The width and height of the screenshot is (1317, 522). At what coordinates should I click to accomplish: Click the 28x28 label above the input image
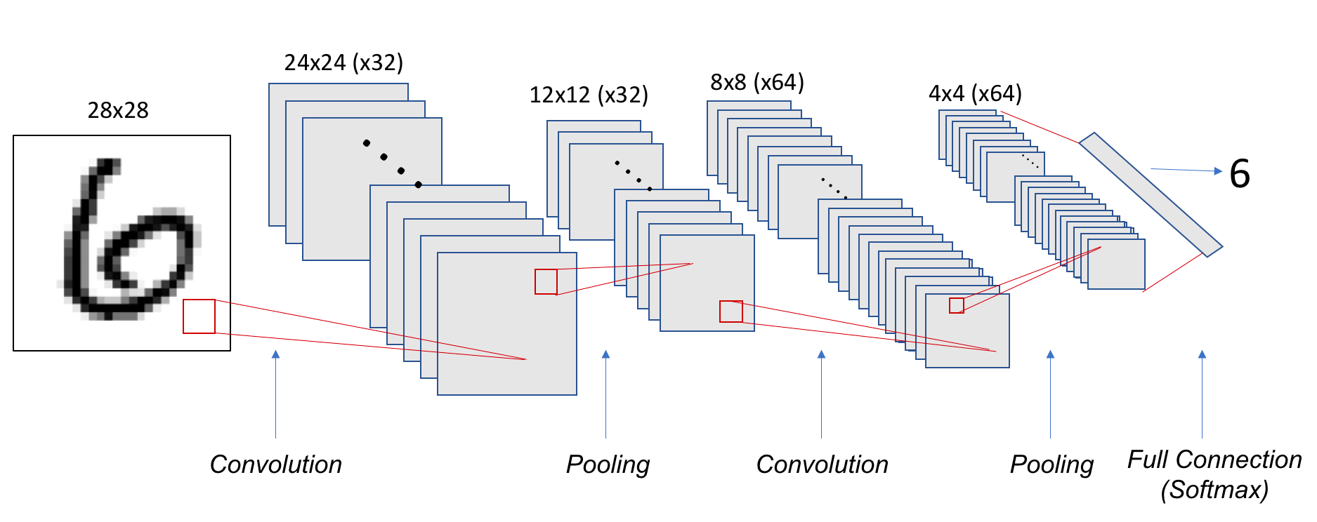click(x=118, y=110)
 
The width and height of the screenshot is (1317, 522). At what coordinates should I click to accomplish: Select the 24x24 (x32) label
click(x=343, y=62)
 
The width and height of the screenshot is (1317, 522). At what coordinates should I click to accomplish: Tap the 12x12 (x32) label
click(x=588, y=95)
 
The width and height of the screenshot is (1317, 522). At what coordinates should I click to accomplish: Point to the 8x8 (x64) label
click(x=756, y=82)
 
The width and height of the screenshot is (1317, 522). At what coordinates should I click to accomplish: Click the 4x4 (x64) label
click(x=975, y=93)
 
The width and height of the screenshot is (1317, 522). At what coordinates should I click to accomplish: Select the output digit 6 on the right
click(x=1240, y=174)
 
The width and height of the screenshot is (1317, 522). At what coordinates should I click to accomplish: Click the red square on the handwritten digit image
click(x=199, y=316)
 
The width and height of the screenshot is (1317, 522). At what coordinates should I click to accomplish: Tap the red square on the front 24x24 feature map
click(x=546, y=281)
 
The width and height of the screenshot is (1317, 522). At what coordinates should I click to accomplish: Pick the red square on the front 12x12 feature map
click(x=730, y=312)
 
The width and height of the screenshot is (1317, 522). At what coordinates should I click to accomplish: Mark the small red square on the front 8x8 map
click(x=957, y=305)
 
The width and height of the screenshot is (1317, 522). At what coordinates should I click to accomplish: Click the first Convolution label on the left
click(x=275, y=464)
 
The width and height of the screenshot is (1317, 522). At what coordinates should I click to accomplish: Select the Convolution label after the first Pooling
click(x=822, y=464)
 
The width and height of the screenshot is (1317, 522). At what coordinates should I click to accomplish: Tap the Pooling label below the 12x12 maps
click(x=608, y=464)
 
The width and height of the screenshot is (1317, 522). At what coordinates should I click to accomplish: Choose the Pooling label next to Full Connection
click(x=1051, y=464)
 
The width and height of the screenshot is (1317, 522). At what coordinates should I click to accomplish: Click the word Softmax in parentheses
click(x=1214, y=490)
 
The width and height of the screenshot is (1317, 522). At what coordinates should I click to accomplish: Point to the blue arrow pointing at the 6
click(x=1186, y=170)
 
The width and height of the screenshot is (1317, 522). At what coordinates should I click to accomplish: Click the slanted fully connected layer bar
click(x=1151, y=194)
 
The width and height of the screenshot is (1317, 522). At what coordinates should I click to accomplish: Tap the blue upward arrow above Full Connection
click(x=1202, y=393)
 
